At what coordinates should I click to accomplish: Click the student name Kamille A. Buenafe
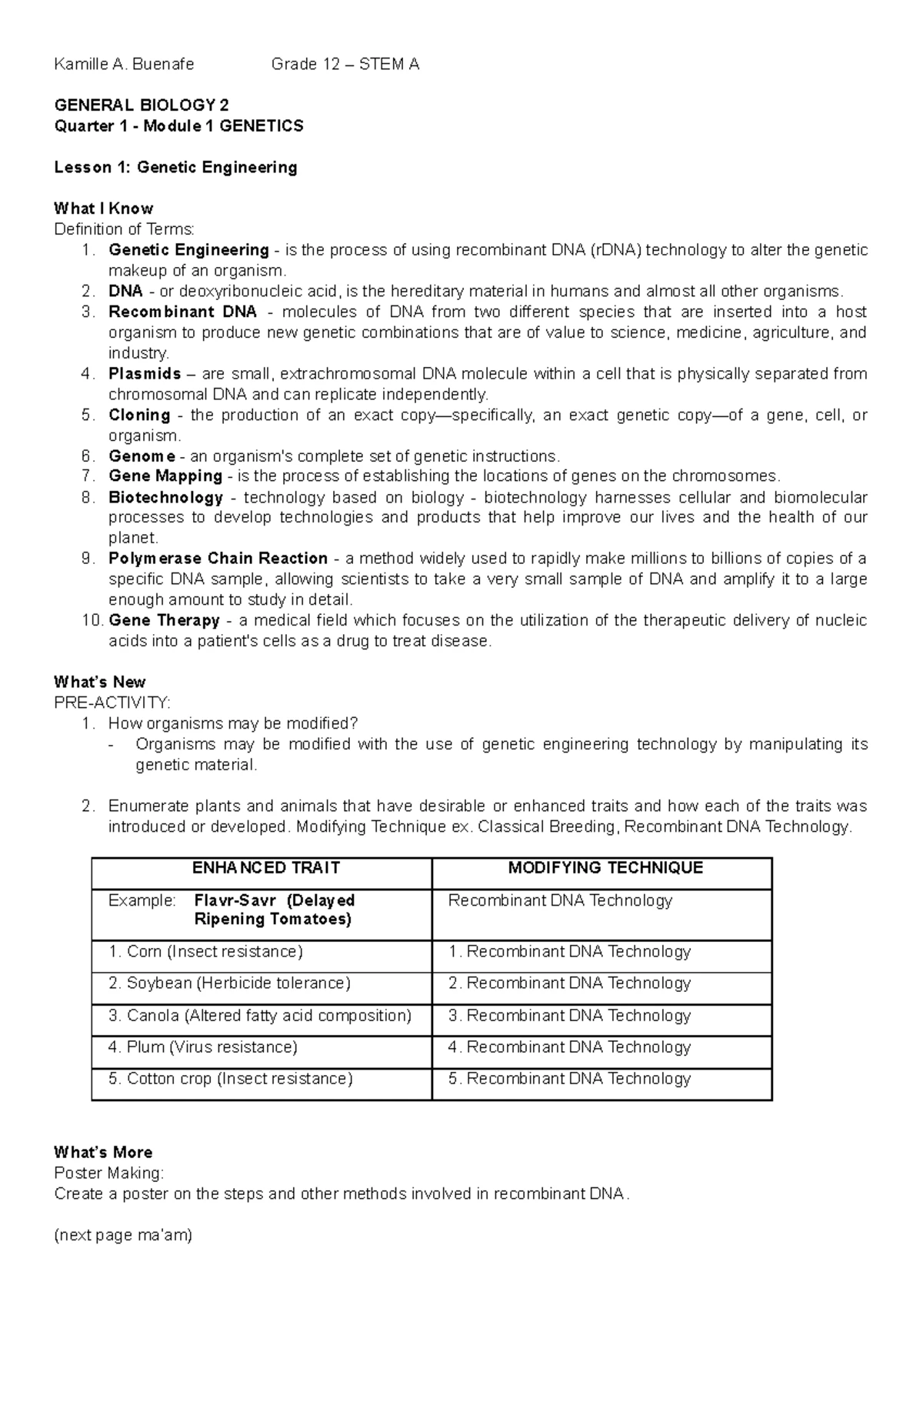124,65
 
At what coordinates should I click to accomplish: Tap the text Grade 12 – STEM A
345,65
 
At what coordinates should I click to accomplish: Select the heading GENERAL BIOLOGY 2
141,105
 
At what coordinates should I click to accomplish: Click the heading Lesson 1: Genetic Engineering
175,167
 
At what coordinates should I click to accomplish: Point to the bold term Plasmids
145,374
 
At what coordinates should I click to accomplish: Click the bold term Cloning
139,415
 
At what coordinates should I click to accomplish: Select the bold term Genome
142,456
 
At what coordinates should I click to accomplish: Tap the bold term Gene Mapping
165,476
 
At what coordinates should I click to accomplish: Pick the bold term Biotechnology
165,497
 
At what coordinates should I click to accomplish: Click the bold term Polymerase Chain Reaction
218,559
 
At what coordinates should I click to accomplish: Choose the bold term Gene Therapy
164,620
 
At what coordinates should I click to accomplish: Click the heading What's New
99,682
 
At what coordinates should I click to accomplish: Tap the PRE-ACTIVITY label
112,703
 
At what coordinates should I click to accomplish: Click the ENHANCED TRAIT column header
265,868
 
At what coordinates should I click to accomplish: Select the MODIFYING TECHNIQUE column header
605,868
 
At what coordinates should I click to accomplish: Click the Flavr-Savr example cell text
274,910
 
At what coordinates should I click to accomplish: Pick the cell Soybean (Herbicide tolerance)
229,983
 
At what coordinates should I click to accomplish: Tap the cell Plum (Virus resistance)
202,1047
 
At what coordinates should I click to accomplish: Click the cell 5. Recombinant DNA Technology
569,1079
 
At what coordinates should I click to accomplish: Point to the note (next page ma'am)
123,1236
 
